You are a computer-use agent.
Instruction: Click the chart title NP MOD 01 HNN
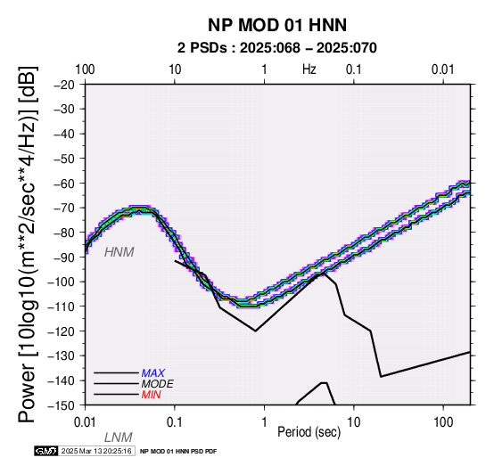click(277, 25)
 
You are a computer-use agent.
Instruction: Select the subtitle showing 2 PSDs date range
click(277, 48)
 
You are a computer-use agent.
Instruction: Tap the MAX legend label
click(153, 373)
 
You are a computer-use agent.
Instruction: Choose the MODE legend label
click(158, 384)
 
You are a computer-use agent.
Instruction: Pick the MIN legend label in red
click(152, 395)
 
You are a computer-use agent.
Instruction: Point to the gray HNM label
click(119, 252)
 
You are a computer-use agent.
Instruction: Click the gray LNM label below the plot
click(119, 437)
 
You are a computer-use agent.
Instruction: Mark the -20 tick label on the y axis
click(64, 85)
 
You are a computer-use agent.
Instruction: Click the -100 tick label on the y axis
click(62, 282)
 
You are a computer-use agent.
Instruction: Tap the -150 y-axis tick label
click(62, 405)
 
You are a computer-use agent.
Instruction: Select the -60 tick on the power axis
click(64, 184)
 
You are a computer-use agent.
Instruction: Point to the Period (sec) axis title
click(309, 432)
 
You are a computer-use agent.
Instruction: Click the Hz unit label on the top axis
click(309, 69)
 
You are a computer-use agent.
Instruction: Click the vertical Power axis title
click(28, 244)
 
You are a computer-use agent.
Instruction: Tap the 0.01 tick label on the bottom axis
click(85, 422)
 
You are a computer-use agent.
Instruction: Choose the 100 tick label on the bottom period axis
click(443, 422)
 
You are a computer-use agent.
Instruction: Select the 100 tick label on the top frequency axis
click(85, 69)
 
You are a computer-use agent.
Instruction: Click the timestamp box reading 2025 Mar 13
click(96, 451)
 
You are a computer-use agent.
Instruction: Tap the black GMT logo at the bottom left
click(46, 451)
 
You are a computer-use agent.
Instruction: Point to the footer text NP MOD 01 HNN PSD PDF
click(178, 452)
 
